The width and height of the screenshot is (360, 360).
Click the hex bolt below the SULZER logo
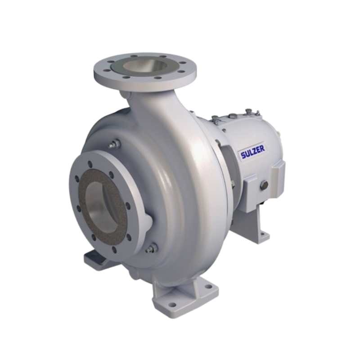tap(264, 184)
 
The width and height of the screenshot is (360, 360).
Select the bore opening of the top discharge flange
tap(145, 67)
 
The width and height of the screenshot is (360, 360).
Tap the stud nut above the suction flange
tap(114, 144)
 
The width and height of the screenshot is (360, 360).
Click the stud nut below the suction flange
tap(152, 247)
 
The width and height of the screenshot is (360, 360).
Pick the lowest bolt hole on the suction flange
tap(114, 249)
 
